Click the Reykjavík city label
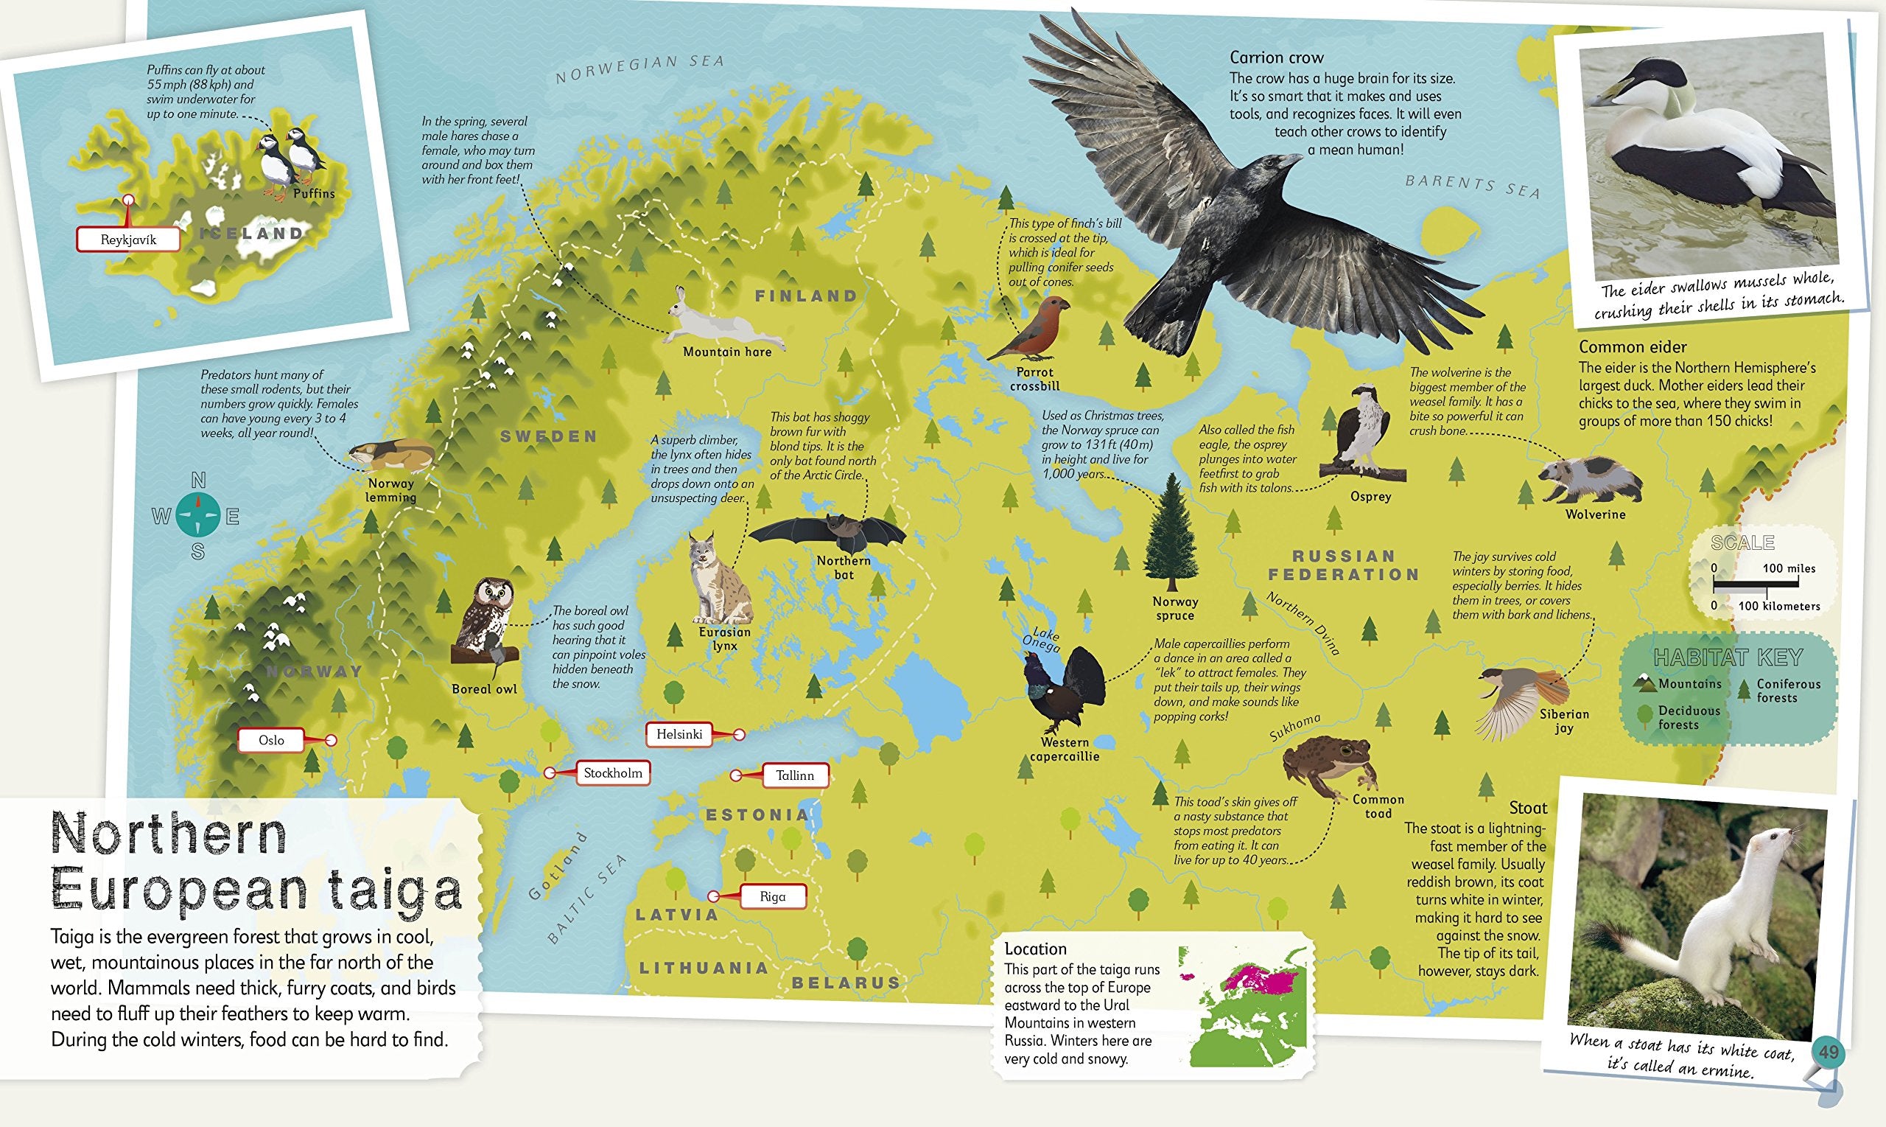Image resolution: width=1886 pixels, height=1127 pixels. coord(128,240)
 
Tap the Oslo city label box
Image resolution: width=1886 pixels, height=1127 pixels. coord(271,741)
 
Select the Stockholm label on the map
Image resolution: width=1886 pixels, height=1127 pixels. coord(612,773)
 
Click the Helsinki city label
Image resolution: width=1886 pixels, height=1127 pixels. coord(679,734)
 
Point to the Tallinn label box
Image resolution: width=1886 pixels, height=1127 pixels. coord(795,775)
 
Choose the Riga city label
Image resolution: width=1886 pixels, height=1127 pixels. coord(772,896)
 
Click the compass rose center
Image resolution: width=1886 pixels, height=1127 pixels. coord(198,517)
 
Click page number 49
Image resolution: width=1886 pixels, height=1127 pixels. coord(1829,1053)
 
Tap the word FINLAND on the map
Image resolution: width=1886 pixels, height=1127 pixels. coord(806,296)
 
